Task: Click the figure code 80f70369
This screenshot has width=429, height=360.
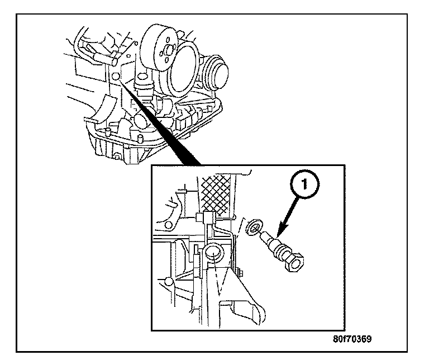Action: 350,339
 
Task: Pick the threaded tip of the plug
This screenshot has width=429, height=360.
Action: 266,238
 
